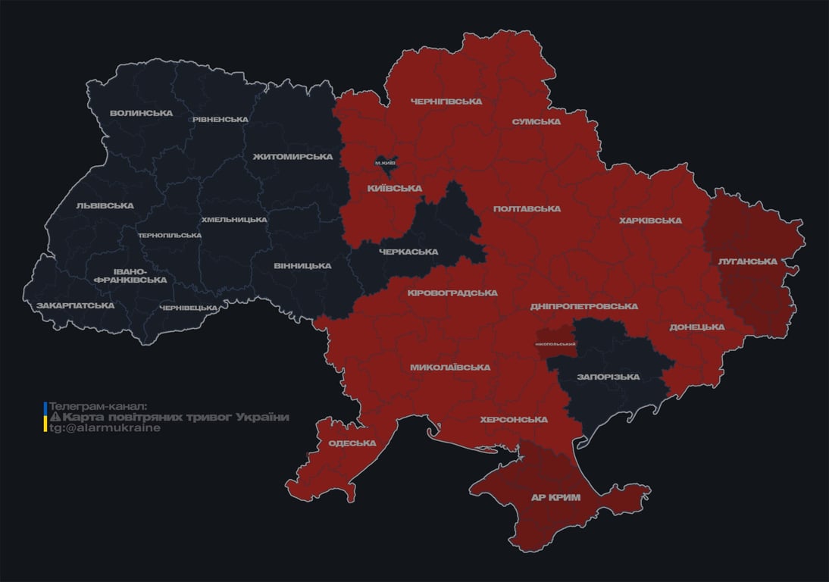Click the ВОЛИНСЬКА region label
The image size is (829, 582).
coord(141,114)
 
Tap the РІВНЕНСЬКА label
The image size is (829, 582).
coord(220,120)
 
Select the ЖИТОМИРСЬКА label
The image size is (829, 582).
coord(292,157)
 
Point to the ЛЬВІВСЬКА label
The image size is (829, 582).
coord(105,206)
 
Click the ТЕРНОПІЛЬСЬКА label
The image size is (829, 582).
coord(170,236)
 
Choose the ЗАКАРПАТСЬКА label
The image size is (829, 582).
coord(75,306)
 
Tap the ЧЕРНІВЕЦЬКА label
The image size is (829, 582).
coord(189,308)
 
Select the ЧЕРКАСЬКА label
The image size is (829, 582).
coord(408,252)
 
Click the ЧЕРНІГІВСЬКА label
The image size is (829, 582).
coord(446,102)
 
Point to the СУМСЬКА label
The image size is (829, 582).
coord(536,122)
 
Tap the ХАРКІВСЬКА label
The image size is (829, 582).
coord(650,221)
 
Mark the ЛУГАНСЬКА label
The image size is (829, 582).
coord(747,261)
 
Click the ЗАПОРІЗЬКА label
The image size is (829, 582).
coord(608,377)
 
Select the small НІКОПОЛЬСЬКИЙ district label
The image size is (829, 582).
coord(555,345)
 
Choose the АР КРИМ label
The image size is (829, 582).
coord(555,498)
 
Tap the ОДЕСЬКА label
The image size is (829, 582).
coord(352,443)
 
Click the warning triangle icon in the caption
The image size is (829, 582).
coord(55,418)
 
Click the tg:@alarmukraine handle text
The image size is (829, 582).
coord(105,428)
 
